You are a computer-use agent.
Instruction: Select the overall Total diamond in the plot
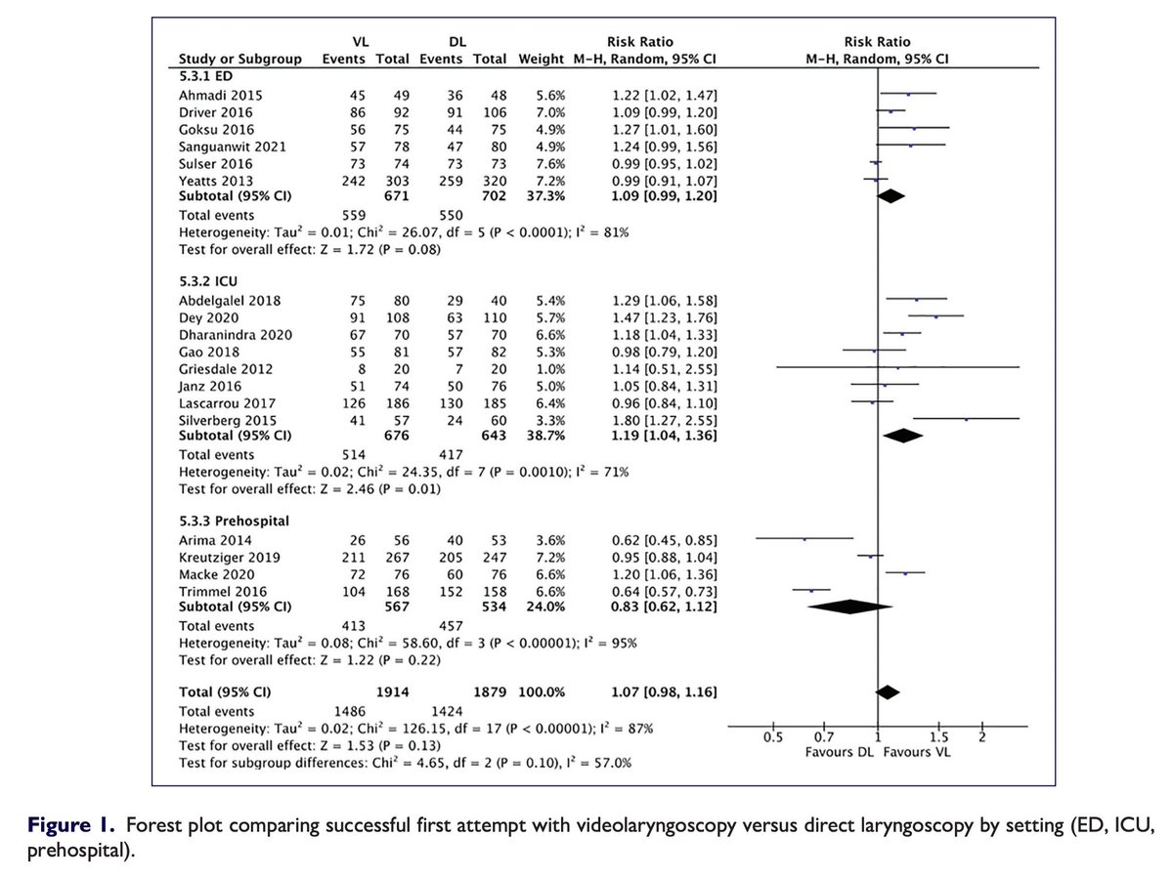click(x=887, y=691)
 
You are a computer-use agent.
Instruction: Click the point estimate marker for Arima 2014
click(x=804, y=538)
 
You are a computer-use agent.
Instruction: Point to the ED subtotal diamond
click(x=891, y=195)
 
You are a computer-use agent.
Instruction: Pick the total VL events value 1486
click(x=353, y=711)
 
